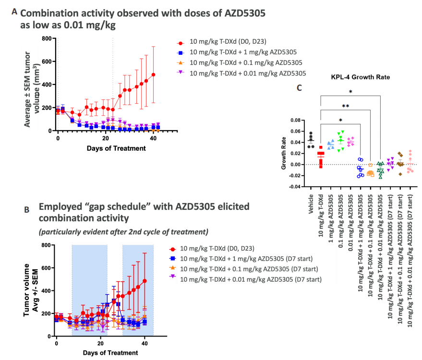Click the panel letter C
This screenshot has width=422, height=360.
tap(299, 87)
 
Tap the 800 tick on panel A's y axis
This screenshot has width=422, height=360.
tap(47, 38)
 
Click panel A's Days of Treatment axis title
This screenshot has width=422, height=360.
tap(116, 148)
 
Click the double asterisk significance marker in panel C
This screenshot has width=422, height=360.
tap(345, 106)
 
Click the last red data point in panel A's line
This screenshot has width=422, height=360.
tap(153, 75)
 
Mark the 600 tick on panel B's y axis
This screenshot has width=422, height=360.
tap(46, 268)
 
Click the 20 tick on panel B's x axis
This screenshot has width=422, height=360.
tap(100, 345)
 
